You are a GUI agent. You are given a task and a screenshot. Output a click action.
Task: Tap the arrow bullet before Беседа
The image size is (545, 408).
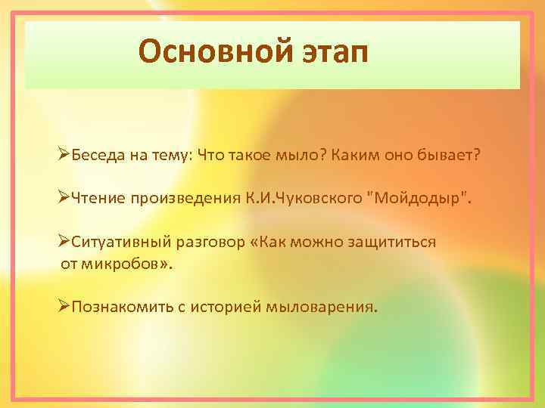click(64, 155)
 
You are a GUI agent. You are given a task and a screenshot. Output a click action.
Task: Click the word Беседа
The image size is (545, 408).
click(96, 155)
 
